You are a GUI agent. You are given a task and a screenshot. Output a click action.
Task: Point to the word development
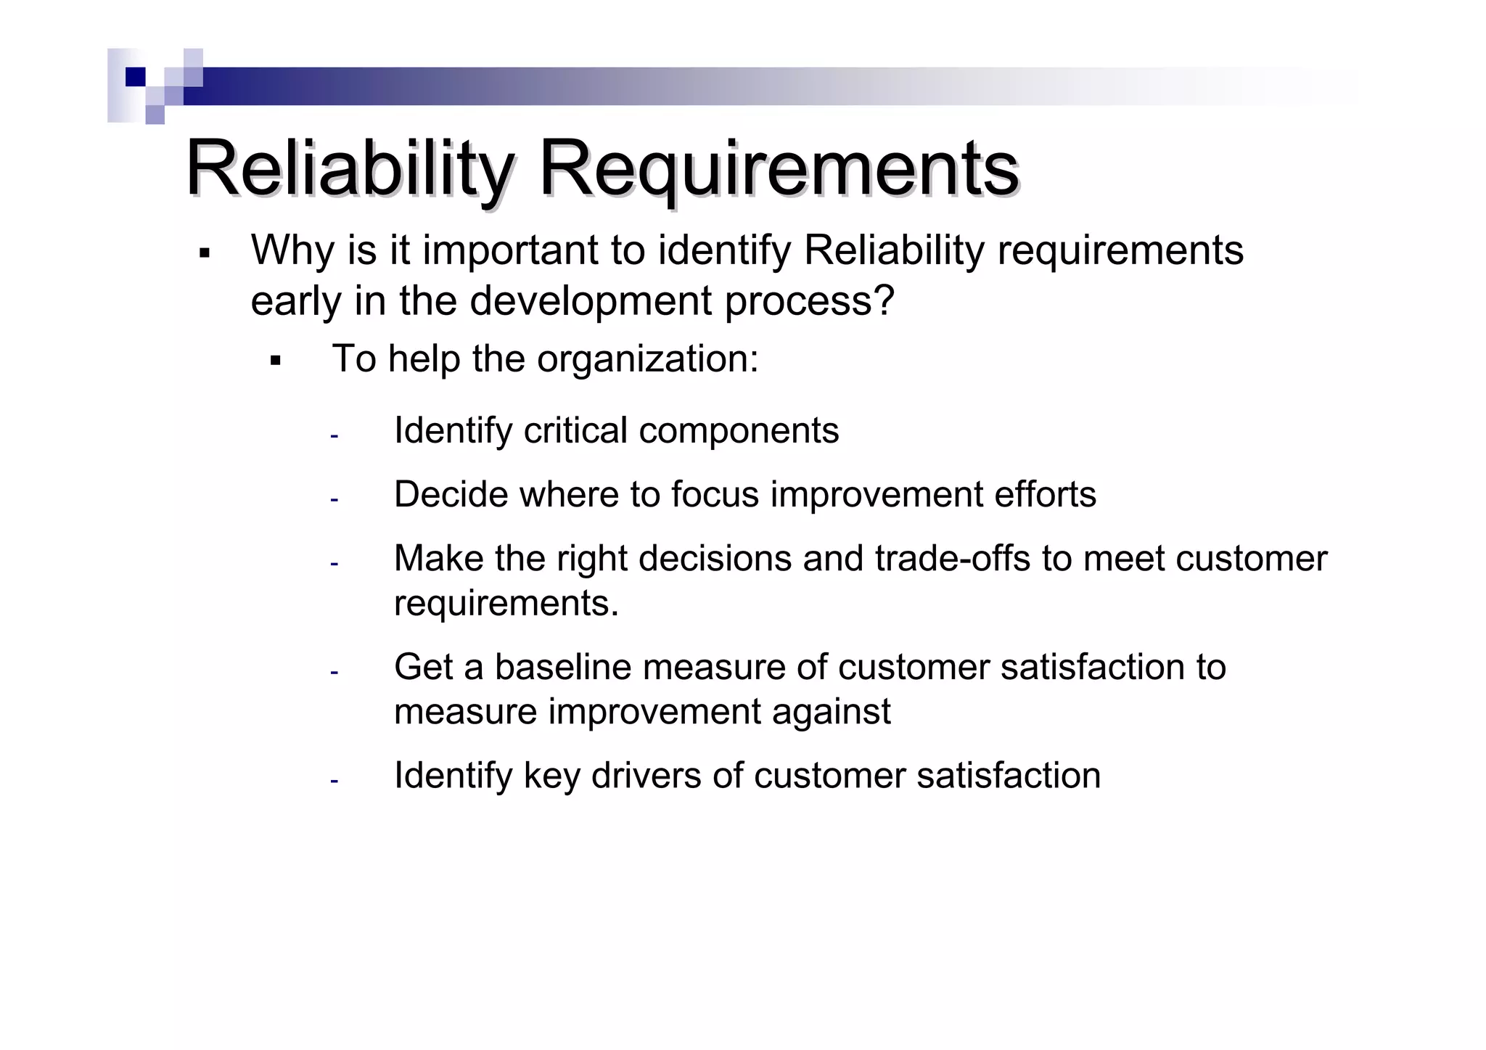click(591, 301)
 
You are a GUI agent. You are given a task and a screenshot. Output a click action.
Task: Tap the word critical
click(575, 430)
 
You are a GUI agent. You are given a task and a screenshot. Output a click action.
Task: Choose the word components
click(739, 432)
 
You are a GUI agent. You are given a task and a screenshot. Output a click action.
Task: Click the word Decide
click(450, 494)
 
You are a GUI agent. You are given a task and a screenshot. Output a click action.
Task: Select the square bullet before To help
click(275, 360)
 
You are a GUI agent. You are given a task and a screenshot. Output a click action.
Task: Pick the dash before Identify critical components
click(334, 436)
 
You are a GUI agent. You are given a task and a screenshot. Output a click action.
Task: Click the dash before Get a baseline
click(334, 673)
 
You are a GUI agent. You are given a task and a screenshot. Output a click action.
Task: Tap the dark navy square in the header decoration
click(135, 77)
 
